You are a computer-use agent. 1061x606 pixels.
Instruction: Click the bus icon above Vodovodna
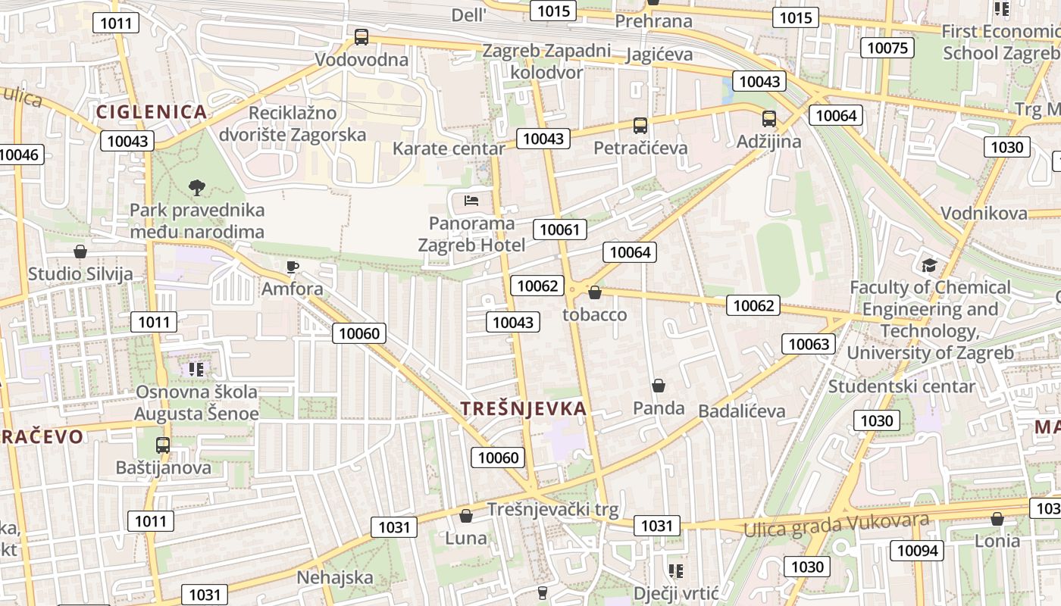click(x=361, y=36)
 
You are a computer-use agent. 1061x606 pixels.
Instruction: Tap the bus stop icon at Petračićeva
click(x=640, y=125)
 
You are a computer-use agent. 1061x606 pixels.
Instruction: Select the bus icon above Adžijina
click(x=769, y=119)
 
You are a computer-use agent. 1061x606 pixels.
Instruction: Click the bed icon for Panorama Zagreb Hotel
click(x=471, y=201)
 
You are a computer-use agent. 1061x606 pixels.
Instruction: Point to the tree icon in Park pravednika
click(x=197, y=187)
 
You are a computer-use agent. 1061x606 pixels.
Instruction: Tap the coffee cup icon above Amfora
click(x=293, y=267)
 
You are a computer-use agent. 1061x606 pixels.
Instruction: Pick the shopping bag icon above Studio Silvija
click(x=80, y=251)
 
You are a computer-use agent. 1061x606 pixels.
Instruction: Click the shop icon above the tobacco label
click(x=595, y=292)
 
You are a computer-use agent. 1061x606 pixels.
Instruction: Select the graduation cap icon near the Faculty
click(x=929, y=265)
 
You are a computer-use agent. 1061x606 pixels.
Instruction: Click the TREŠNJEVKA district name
click(x=524, y=409)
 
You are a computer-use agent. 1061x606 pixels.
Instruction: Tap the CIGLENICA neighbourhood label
click(x=152, y=112)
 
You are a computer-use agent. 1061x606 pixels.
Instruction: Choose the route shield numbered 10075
click(x=887, y=48)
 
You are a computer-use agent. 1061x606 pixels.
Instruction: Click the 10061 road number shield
click(x=560, y=230)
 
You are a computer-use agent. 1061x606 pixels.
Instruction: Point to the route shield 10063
click(x=809, y=344)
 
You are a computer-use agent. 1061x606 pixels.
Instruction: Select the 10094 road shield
click(x=917, y=551)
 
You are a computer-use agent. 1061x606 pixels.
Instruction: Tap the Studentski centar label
click(x=902, y=386)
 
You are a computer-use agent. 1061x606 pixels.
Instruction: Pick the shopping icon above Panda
click(x=659, y=386)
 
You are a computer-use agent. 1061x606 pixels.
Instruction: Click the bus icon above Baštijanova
click(x=163, y=445)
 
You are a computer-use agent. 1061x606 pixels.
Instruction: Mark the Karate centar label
click(x=449, y=148)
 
